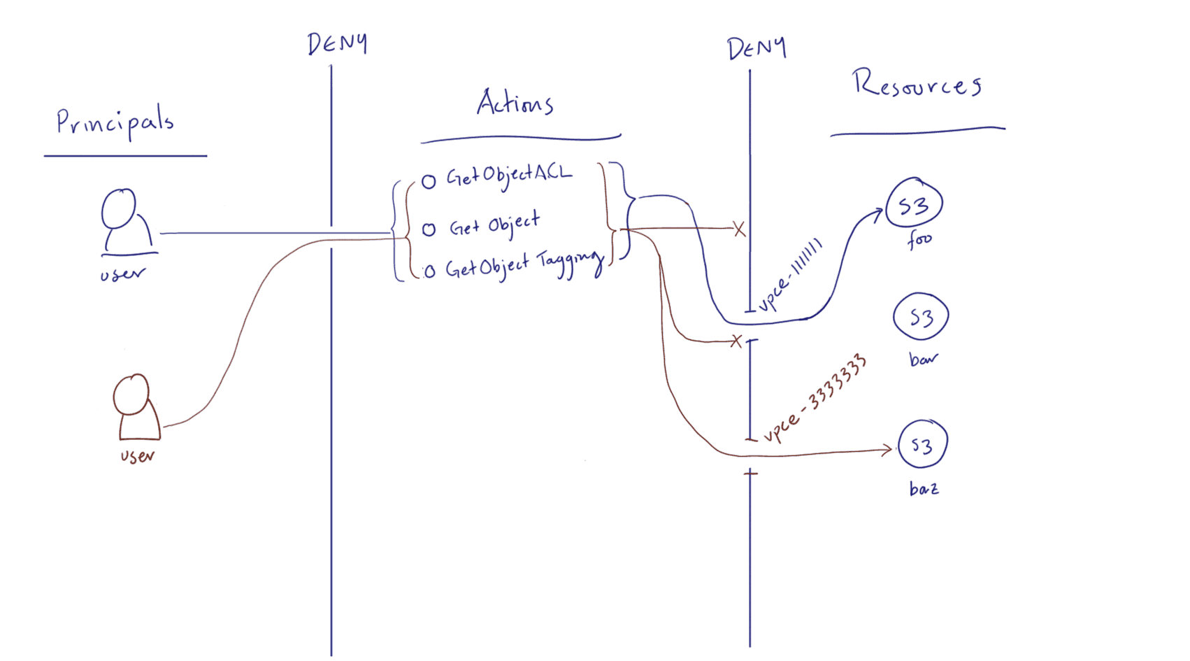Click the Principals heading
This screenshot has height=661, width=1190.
click(x=115, y=123)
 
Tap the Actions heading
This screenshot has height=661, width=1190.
click(x=515, y=104)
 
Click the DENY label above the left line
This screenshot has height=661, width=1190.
click(x=337, y=44)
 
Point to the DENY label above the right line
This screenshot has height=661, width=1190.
click(x=757, y=48)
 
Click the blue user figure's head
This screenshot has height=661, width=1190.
click(x=118, y=208)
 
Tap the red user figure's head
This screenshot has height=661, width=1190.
click(x=131, y=395)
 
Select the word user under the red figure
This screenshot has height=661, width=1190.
click(x=137, y=457)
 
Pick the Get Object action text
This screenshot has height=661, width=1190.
click(x=494, y=225)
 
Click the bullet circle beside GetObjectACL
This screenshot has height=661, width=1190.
click(x=429, y=182)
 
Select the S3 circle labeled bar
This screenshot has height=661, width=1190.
click(x=921, y=318)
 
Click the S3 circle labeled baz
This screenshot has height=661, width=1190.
click(x=922, y=445)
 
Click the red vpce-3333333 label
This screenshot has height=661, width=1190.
click(x=815, y=399)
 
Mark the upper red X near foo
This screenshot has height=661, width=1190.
click(x=739, y=229)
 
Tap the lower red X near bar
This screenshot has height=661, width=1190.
click(x=736, y=341)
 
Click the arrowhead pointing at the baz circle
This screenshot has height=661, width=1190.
click(x=889, y=450)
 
